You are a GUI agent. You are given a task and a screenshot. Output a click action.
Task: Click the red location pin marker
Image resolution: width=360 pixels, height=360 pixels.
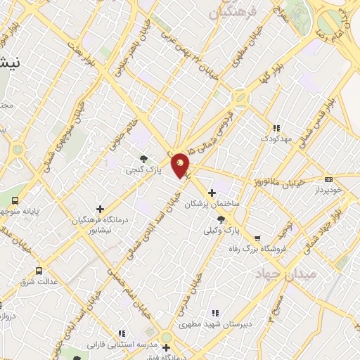(181, 165)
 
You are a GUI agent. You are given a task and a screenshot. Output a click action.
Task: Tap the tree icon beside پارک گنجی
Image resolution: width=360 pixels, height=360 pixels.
(144, 159)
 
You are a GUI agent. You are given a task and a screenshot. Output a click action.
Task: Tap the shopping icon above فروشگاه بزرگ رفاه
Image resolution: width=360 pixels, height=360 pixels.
(257, 238)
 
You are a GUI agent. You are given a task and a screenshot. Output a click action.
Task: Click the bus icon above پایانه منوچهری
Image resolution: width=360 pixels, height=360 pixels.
(8, 200)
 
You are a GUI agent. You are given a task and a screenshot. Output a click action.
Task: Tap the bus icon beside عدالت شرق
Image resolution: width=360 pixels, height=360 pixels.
(38, 270)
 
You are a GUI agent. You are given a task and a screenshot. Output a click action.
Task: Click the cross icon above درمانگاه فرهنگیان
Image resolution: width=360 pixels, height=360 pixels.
(100, 209)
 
